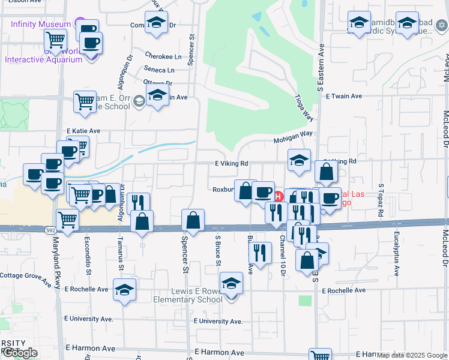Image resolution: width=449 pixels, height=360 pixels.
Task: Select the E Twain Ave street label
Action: pos(344,96)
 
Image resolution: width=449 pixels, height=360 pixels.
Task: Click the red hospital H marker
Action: pos(279,196)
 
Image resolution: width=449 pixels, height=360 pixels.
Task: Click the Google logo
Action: pos(19,353)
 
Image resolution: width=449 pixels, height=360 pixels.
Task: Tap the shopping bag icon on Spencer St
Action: pos(193,220)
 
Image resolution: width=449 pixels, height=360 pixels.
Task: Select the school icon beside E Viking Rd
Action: pos(299,160)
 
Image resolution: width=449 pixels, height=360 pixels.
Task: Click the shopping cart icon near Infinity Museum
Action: pos(56,40)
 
